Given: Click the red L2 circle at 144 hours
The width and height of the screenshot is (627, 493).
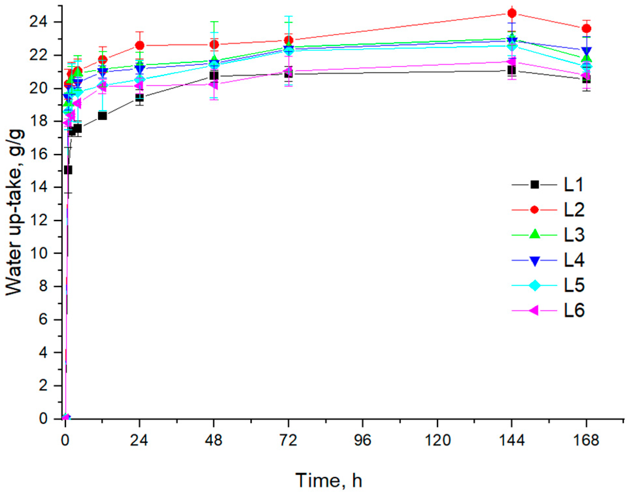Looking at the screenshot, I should tap(512, 13).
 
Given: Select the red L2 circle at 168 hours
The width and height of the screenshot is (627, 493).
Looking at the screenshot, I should tap(586, 29).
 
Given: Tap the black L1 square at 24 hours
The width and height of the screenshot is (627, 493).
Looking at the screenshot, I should tap(140, 98).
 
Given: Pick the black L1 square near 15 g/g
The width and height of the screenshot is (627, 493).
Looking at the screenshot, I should tap(68, 170).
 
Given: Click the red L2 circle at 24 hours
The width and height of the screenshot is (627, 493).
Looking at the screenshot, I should tap(140, 45).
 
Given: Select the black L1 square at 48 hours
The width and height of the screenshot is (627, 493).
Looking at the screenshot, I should tap(214, 76).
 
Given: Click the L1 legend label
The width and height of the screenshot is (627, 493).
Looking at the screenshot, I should tap(574, 185).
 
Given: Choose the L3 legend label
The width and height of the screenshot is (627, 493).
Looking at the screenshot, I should tap(574, 235).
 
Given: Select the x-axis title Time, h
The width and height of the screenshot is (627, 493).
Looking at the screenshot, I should tap(329, 481).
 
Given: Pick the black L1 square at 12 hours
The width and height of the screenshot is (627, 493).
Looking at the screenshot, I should tap(102, 116).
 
